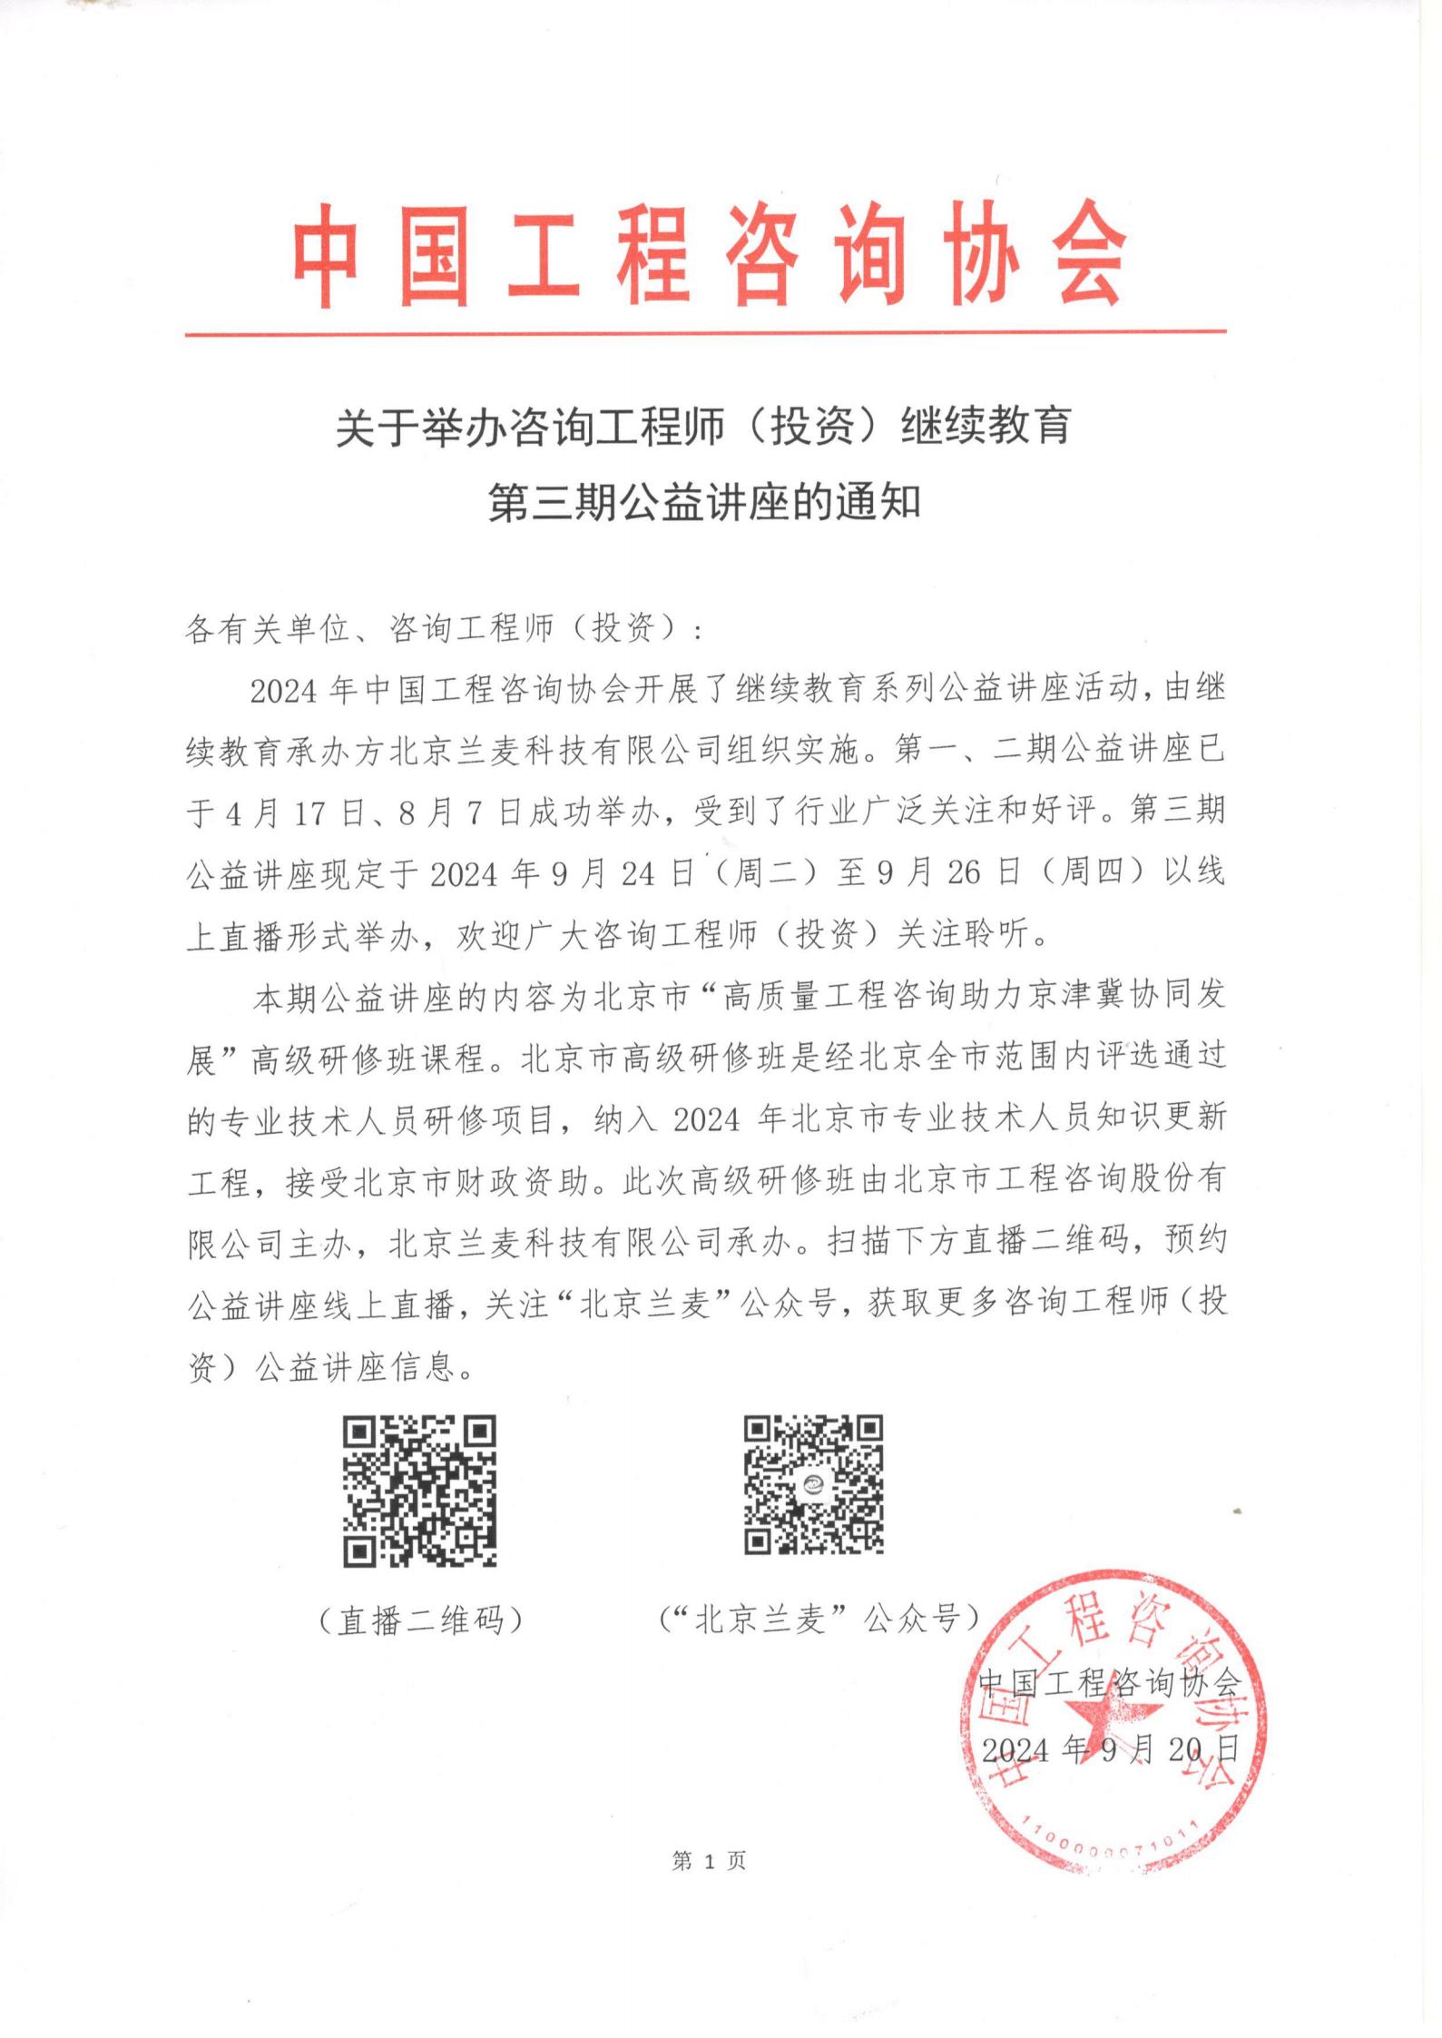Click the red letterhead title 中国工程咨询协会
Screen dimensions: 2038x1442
(709, 255)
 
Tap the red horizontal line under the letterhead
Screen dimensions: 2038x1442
(705, 334)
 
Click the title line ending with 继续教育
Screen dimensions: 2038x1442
(703, 427)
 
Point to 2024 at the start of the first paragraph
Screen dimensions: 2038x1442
(283, 691)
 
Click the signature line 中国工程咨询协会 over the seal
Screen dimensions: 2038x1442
(1110, 1684)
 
